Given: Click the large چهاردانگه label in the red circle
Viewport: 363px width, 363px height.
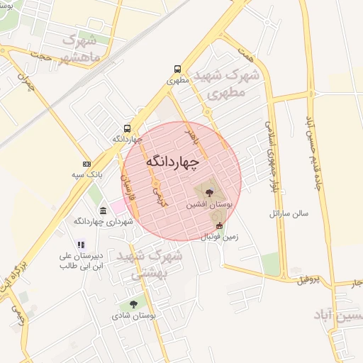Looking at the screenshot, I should tap(174, 162).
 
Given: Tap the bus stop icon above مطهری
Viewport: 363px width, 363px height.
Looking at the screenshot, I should tap(177, 69).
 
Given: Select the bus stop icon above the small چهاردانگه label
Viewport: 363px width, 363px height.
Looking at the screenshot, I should tap(127, 128).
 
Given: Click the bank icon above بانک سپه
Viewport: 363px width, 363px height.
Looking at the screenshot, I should tap(86, 164).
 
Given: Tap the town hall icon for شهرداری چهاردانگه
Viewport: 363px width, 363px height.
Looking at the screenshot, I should tap(104, 211).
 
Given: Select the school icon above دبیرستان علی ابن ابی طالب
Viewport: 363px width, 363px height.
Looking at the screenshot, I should tap(79, 245).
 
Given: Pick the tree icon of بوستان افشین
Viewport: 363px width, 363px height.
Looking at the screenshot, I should tap(208, 192).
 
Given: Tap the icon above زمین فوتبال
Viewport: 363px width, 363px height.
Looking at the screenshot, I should tap(219, 226).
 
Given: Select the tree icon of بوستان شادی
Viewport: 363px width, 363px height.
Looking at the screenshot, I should tap(134, 304).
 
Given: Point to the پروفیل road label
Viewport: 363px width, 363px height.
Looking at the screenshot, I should tap(308, 279).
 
